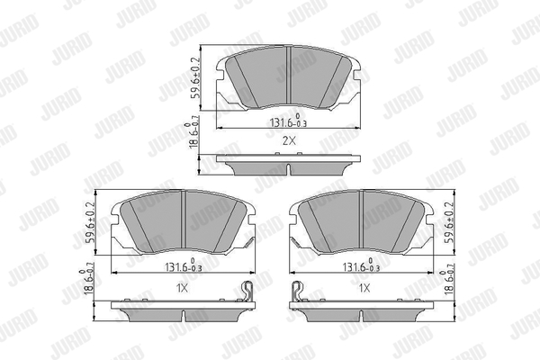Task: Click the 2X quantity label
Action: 289,140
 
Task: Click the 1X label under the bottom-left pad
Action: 182,288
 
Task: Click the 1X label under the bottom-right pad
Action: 364,288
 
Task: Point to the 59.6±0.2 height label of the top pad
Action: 195,78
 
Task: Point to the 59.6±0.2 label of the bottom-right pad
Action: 450,223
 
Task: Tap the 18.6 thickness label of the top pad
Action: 193,135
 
